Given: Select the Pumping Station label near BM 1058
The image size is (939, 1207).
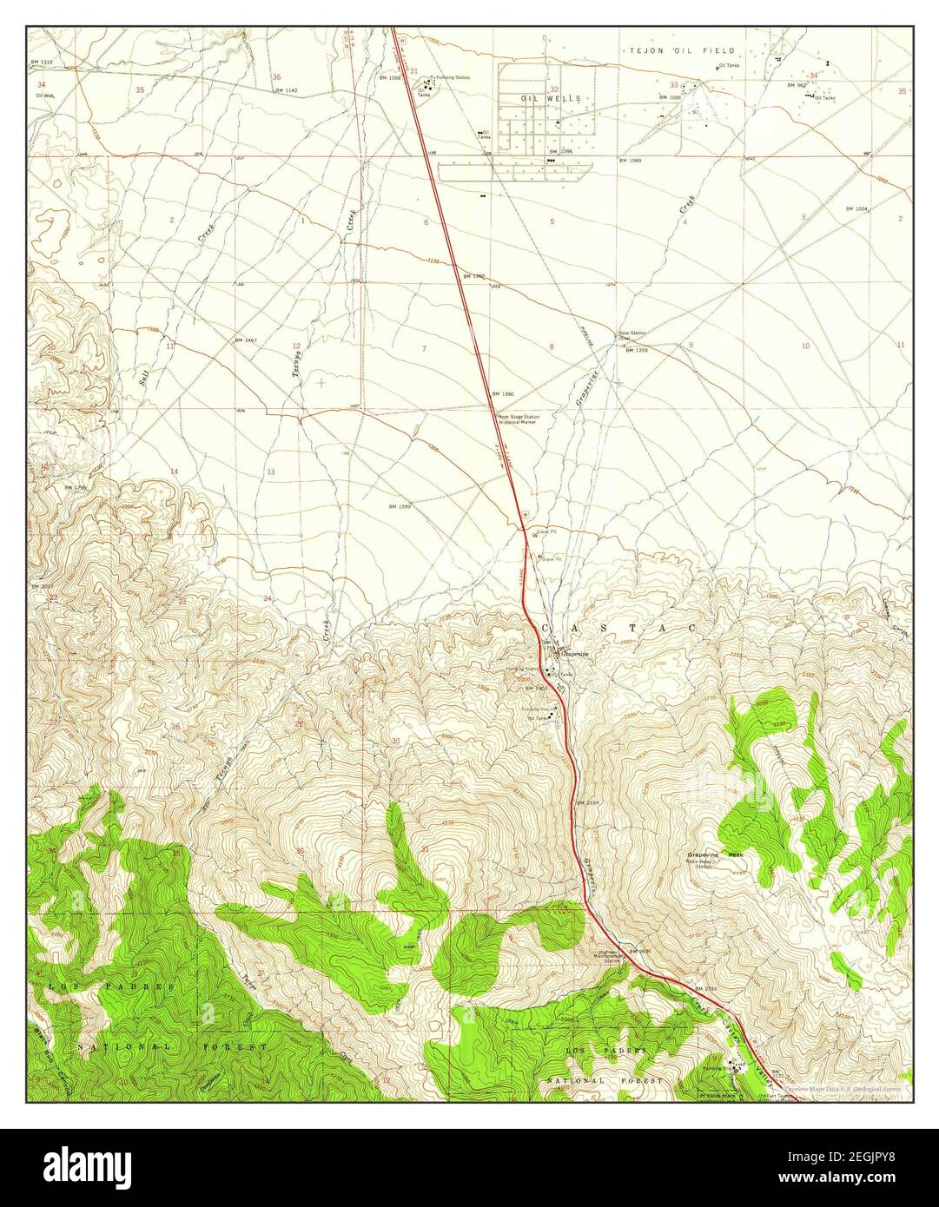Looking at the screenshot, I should (453, 78).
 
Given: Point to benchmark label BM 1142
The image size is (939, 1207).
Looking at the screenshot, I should (285, 90).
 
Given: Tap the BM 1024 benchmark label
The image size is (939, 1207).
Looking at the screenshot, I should (856, 209).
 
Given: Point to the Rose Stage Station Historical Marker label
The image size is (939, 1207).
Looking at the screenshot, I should (519, 419).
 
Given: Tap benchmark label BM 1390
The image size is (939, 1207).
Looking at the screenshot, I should (502, 394).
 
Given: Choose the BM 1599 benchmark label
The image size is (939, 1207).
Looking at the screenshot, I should (400, 505).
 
